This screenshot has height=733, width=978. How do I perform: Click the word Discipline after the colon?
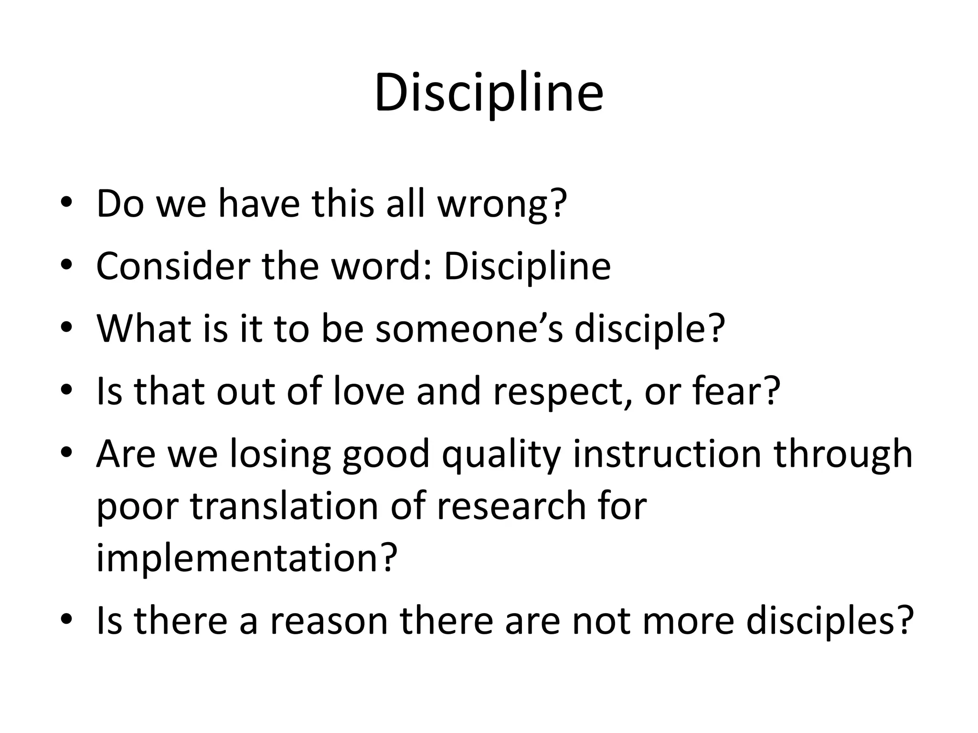click(527, 267)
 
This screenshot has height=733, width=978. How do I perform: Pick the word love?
click(368, 391)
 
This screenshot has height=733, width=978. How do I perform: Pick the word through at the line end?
click(843, 454)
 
